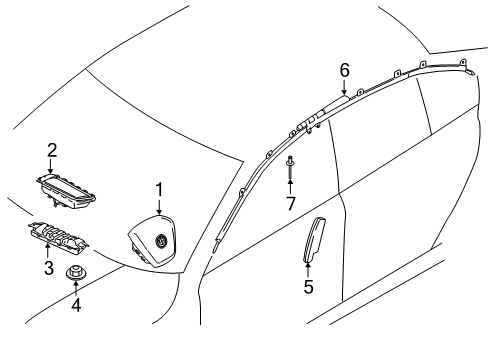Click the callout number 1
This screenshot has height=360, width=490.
tap(160, 190)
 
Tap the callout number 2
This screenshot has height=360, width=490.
tap(52, 150)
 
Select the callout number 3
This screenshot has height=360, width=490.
tap(49, 268)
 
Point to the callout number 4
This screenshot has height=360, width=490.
tap(76, 305)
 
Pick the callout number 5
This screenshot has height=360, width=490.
tap(309, 287)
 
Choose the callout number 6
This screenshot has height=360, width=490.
tap(345, 70)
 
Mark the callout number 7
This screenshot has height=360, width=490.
tap(291, 203)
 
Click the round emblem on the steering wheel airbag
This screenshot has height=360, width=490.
tap(161, 240)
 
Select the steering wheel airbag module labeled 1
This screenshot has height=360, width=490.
tap(152, 240)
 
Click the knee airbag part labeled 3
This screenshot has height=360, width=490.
tap(58, 235)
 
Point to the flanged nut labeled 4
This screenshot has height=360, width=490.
tap(76, 273)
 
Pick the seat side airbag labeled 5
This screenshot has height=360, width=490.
tap(314, 239)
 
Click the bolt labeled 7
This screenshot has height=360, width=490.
tap(290, 167)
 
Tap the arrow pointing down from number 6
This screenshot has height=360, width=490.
tap(344, 87)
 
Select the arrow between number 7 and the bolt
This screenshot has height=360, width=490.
tap(290, 187)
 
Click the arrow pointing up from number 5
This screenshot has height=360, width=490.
tap(308, 270)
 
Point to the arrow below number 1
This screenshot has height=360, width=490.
tap(159, 207)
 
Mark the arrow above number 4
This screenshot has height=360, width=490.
tap(76, 289)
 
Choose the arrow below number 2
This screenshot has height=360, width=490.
tap(50, 166)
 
